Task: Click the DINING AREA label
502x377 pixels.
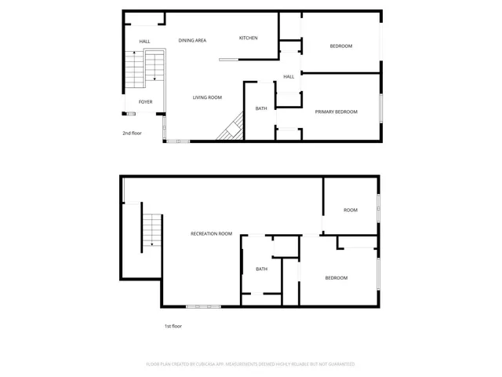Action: [192, 40]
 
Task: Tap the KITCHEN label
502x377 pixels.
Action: [249, 38]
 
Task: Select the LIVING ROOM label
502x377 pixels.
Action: [208, 97]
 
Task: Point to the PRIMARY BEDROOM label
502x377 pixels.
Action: [336, 112]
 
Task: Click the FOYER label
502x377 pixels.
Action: [146, 102]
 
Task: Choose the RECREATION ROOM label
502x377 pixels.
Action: [212, 233]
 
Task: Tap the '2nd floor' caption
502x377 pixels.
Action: [132, 133]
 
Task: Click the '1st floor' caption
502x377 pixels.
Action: [173, 326]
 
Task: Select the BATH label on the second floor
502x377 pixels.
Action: [261, 108]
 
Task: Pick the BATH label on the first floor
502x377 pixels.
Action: [261, 269]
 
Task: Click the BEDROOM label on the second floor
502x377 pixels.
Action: [340, 46]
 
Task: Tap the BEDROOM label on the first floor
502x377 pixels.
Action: [336, 277]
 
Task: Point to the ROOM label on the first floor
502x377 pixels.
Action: [350, 210]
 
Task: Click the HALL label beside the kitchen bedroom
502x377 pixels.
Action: [289, 76]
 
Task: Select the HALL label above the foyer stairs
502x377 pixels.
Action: [145, 42]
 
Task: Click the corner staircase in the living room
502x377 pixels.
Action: [231, 128]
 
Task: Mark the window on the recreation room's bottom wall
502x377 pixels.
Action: [203, 306]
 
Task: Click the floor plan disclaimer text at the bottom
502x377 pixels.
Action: [250, 364]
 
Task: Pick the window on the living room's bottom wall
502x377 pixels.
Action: [177, 141]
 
